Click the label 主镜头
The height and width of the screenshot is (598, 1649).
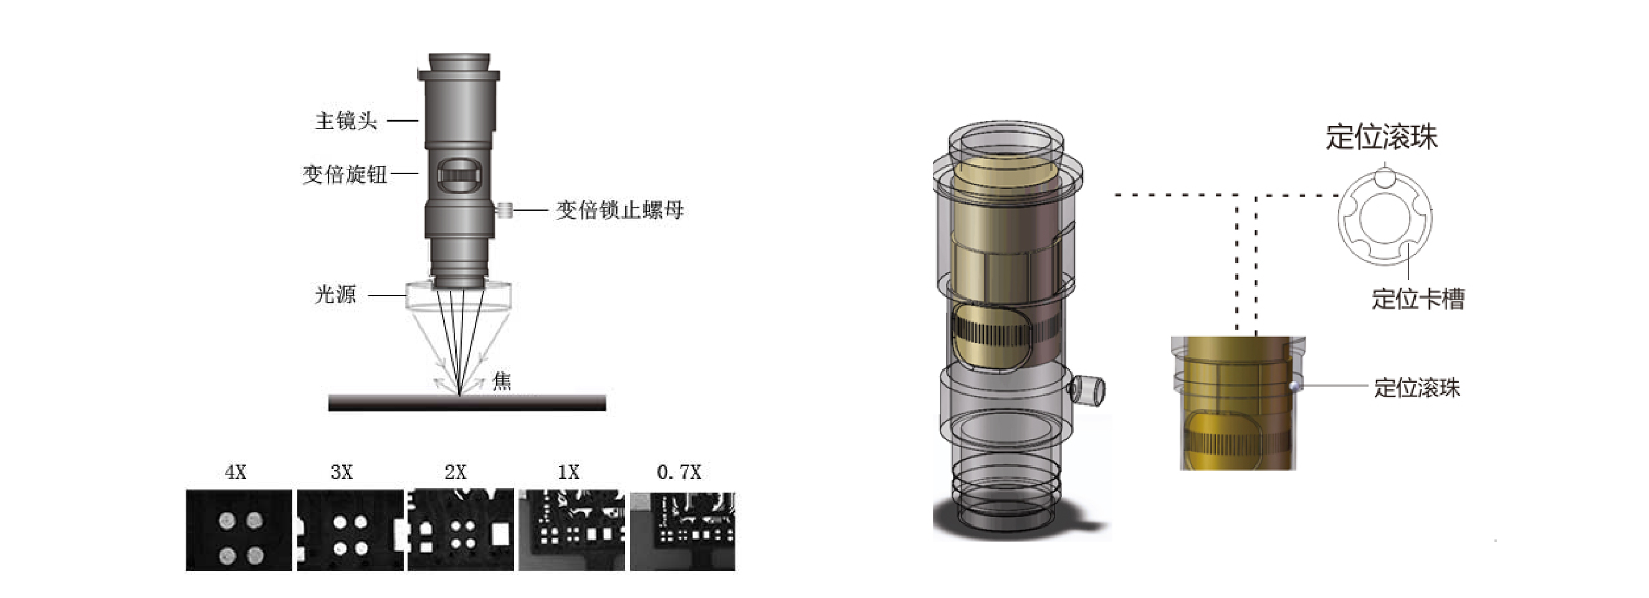(x=346, y=121)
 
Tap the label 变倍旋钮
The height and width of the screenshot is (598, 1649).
(x=345, y=174)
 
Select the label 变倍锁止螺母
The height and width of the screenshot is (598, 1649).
(x=619, y=210)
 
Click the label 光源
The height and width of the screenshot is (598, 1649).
(x=335, y=294)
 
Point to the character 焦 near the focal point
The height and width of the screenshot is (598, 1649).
(x=502, y=382)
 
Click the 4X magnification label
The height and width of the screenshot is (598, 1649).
(x=236, y=473)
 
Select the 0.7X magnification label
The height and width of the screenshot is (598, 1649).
(x=679, y=473)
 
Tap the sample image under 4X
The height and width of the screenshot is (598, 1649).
(x=239, y=530)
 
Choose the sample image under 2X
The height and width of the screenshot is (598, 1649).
(x=461, y=530)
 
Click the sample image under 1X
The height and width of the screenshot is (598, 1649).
(x=571, y=530)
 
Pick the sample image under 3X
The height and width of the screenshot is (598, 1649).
(x=350, y=530)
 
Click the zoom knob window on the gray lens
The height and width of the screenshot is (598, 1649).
(x=459, y=175)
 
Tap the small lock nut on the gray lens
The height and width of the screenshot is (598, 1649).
(x=505, y=210)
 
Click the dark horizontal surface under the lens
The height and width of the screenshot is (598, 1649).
(x=467, y=403)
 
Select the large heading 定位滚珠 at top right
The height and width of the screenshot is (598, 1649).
(x=1382, y=137)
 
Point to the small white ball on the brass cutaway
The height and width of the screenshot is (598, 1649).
(x=1294, y=386)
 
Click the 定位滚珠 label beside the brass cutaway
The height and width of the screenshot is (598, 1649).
(x=1417, y=388)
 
